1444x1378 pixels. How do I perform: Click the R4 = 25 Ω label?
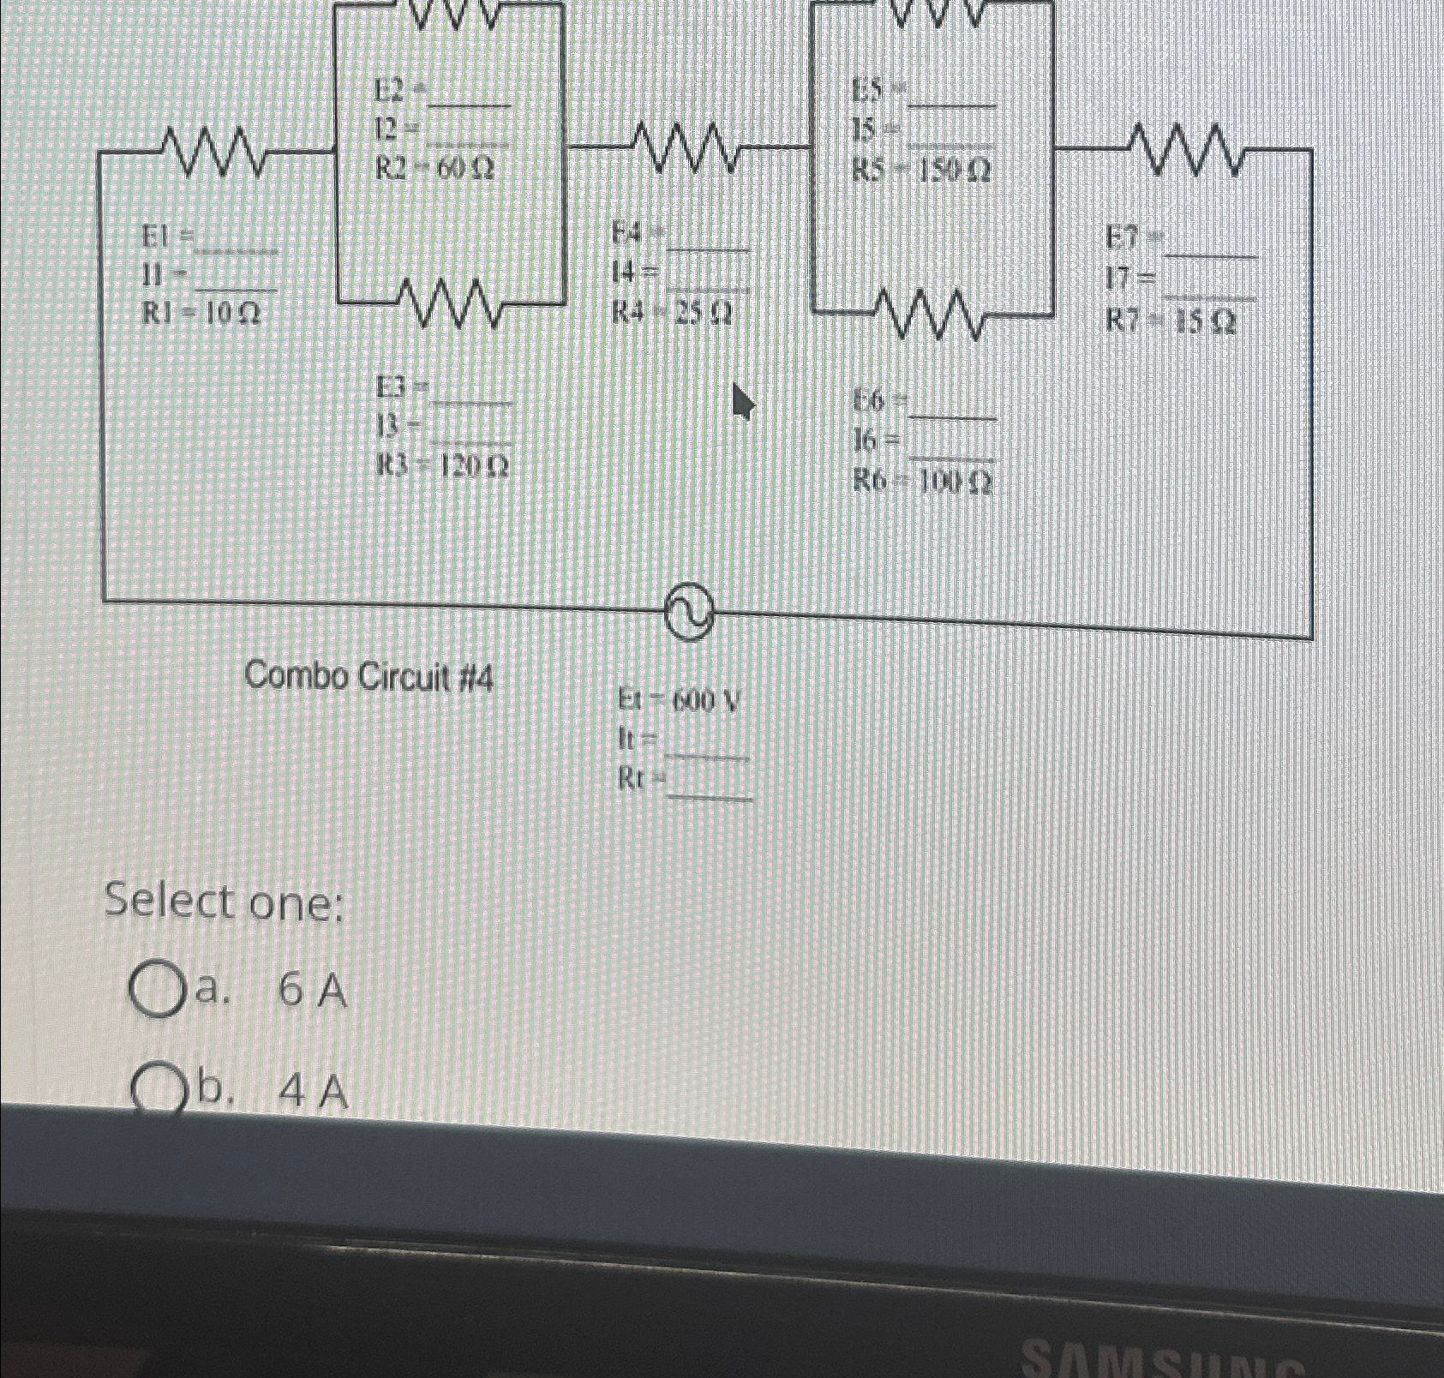(x=672, y=315)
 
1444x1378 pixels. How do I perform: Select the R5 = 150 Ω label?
(x=921, y=172)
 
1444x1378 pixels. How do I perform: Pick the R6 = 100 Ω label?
(x=922, y=483)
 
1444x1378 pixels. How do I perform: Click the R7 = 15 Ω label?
(x=1170, y=321)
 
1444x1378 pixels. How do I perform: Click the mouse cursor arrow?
(x=741, y=398)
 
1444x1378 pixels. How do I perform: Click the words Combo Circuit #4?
(x=369, y=679)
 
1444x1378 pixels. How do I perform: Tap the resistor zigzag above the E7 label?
(x=1187, y=149)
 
